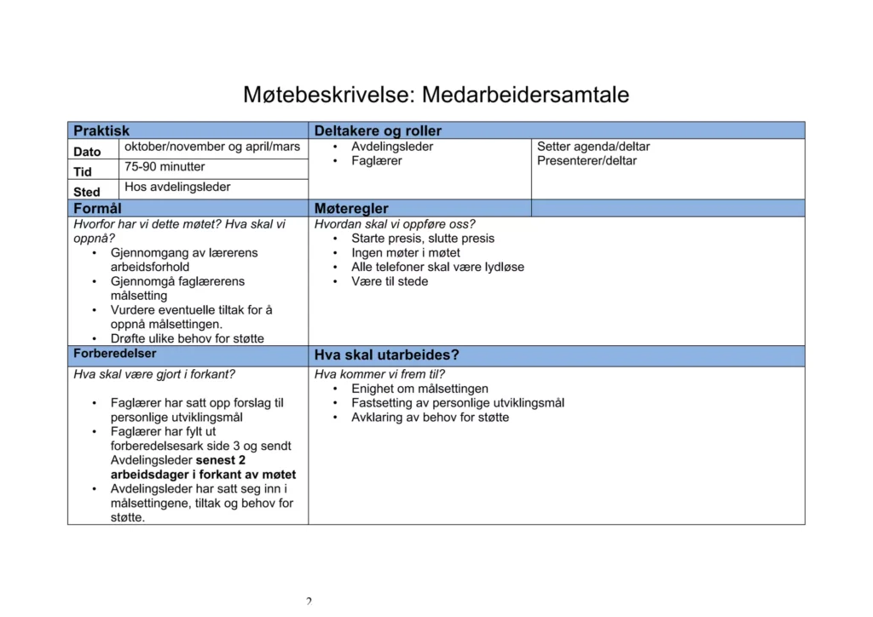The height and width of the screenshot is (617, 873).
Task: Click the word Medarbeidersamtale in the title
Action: (x=525, y=95)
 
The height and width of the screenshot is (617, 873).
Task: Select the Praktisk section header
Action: (x=101, y=130)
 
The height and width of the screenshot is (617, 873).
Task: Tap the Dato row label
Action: (x=87, y=152)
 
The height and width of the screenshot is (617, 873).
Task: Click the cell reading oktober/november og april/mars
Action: (x=212, y=147)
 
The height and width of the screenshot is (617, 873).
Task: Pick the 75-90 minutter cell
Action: (x=165, y=167)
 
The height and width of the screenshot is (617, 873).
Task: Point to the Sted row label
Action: (x=87, y=192)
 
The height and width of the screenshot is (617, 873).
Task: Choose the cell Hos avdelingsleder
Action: (x=177, y=187)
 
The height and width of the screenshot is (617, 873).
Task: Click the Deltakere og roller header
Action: (x=378, y=130)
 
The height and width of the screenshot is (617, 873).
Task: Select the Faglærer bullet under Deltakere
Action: (x=376, y=161)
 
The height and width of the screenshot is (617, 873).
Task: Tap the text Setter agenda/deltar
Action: (x=593, y=147)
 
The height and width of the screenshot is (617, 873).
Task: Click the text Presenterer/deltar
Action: (x=587, y=161)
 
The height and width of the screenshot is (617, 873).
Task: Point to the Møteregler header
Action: (x=351, y=208)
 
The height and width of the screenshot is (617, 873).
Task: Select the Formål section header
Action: (x=97, y=208)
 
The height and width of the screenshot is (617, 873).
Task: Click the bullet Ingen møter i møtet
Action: (x=406, y=253)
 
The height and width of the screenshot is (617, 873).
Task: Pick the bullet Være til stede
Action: (x=390, y=281)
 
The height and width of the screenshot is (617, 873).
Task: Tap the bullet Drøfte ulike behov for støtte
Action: (x=188, y=338)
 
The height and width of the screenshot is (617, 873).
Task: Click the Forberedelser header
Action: (x=114, y=354)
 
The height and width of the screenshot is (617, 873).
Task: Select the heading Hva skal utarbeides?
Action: (x=386, y=355)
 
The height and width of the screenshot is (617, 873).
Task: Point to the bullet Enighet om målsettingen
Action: (x=419, y=389)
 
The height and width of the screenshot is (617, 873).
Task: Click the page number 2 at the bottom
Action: (x=309, y=602)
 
